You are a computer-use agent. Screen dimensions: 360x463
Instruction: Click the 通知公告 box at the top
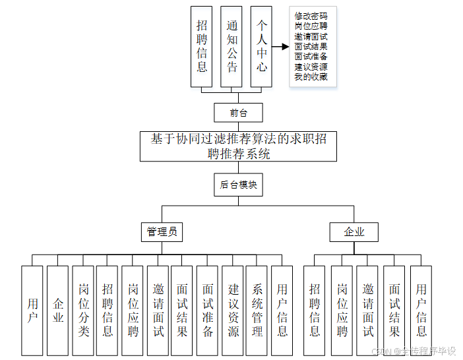point(231,47)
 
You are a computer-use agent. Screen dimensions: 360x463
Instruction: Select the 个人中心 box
point(262,47)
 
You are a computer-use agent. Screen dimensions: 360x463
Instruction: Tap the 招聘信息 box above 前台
point(202,47)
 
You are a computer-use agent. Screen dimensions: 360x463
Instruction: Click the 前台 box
point(238,113)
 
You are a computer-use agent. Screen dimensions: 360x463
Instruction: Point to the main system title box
point(238,146)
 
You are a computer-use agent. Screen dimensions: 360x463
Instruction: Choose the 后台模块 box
point(238,185)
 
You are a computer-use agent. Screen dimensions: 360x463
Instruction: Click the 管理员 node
point(162,232)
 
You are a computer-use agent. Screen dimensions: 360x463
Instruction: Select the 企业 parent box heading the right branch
point(354,232)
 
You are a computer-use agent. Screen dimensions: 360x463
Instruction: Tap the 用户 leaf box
point(32,310)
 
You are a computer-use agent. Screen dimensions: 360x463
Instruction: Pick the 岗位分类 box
point(83,310)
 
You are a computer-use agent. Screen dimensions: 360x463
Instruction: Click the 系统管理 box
point(257,310)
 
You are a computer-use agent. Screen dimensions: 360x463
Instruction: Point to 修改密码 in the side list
point(311,16)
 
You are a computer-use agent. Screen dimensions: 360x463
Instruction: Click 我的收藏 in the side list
point(311,77)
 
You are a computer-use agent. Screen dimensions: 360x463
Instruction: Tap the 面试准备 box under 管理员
point(207,310)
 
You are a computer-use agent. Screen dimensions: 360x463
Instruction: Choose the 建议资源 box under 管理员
point(232,310)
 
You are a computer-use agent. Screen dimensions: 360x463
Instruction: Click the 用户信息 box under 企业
point(421,310)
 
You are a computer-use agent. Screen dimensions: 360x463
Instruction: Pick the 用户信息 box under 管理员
point(282,310)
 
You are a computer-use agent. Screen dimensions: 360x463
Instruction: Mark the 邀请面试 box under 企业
point(367,310)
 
